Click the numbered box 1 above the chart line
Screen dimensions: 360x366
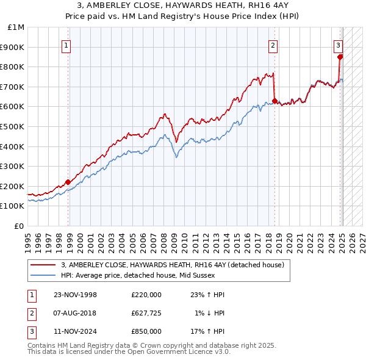pos(65,45)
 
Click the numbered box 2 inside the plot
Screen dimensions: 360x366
pos(273,45)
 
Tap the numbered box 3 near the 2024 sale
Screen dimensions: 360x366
pos(338,45)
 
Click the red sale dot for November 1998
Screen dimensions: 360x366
pos(68,182)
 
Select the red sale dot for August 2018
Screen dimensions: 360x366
pos(274,101)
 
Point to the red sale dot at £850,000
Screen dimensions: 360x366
pos(340,57)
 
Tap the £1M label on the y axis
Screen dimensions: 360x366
pos(16,27)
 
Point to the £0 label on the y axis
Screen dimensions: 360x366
pos(20,226)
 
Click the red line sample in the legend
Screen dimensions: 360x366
pos(43,265)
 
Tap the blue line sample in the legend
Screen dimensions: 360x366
pos(43,275)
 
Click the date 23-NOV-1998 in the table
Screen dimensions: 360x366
pos(75,295)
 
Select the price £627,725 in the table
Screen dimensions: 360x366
pos(146,313)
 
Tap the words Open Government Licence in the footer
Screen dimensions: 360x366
pos(165,351)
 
